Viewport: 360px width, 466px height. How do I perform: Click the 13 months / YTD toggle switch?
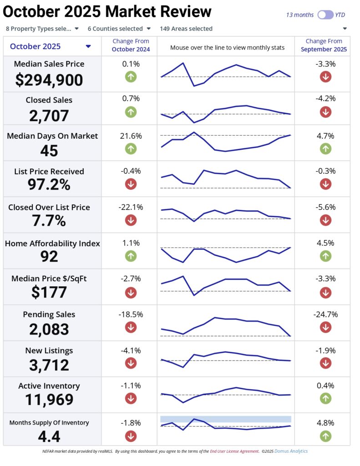[x=325, y=15]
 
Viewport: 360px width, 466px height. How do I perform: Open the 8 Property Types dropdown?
[x=42, y=29]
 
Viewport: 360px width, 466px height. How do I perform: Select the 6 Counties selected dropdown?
[x=119, y=29]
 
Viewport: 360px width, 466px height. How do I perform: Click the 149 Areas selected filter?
[x=186, y=29]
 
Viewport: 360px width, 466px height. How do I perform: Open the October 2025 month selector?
[x=50, y=46]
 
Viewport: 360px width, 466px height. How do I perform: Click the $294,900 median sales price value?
[x=49, y=80]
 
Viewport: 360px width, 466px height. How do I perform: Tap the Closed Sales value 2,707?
[x=49, y=116]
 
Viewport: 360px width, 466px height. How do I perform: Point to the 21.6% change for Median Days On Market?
[x=131, y=136]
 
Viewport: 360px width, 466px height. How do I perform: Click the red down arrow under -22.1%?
[x=131, y=220]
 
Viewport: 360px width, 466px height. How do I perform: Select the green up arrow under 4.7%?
[x=325, y=148]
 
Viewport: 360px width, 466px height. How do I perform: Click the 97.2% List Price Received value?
[x=49, y=185]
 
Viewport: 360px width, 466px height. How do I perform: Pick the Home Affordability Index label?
[x=52, y=243]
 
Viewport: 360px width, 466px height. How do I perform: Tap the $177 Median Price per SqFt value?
[x=49, y=292]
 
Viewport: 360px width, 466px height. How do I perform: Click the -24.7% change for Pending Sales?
[x=325, y=314]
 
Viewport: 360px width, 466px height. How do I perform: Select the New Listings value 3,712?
[x=49, y=365]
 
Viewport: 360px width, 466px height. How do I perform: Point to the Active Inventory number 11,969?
[x=49, y=400]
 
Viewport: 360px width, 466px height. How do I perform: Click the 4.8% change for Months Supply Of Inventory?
[x=325, y=423]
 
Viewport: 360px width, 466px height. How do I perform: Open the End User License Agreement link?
[x=234, y=451]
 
